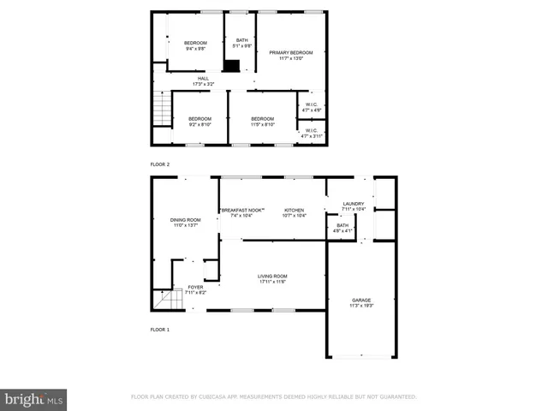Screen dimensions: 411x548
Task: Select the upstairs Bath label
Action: coord(242,43)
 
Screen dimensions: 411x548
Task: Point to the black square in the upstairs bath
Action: coord(231,65)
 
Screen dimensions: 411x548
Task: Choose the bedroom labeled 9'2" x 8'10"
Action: coord(200,122)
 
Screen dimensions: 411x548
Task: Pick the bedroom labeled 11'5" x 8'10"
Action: coord(262,122)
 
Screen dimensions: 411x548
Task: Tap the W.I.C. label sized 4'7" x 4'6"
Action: coord(313,107)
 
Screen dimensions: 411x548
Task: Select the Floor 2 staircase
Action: coord(161,110)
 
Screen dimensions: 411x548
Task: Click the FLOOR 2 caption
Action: coord(160,164)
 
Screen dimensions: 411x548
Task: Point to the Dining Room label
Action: coord(186,223)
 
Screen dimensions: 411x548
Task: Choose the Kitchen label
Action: coord(295,212)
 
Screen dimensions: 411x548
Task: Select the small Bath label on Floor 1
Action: coord(342,228)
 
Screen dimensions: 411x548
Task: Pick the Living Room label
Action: coord(272,278)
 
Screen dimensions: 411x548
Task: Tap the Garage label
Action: coord(360,302)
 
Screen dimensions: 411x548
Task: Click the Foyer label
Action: coord(196,289)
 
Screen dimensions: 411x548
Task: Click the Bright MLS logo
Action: coord(34,399)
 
